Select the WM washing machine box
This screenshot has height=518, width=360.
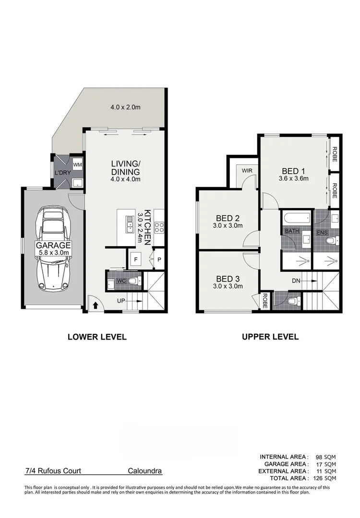pos(78,165)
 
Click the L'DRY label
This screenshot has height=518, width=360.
pos(63,173)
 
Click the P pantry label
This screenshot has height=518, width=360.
pos(159,259)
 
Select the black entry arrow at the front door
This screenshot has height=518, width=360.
pos(95,305)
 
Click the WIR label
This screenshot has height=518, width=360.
pos(247,170)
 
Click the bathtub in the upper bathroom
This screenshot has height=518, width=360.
pos(296,219)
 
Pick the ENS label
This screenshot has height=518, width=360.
pos(322,233)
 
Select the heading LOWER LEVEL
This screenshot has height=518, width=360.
pos(97,337)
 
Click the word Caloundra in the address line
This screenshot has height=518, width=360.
pos(144,471)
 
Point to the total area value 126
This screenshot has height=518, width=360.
pos(319,478)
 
